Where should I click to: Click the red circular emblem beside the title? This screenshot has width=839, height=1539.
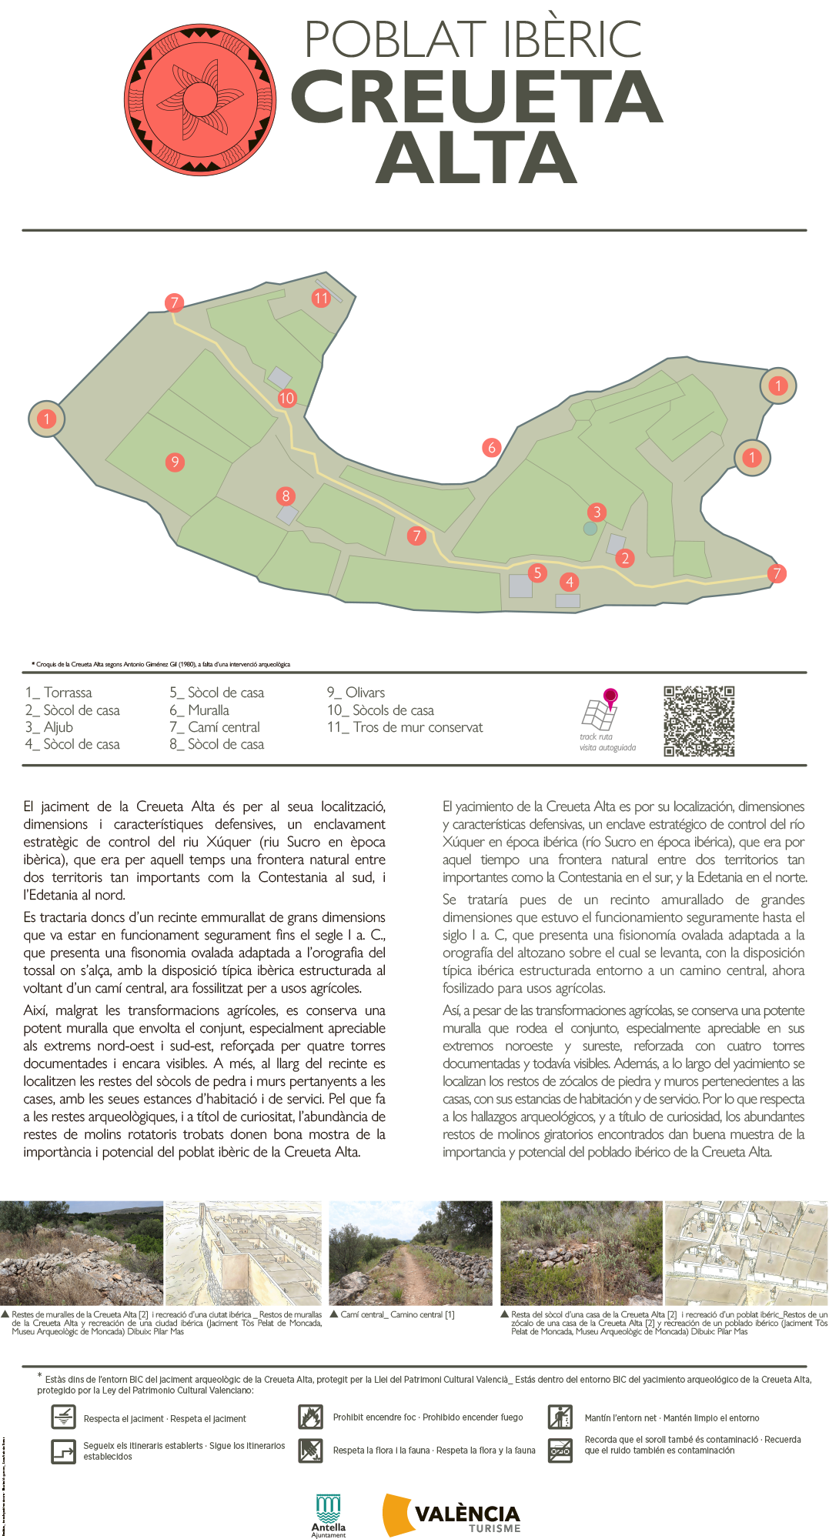(x=200, y=100)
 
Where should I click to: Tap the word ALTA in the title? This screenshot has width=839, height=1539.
(x=476, y=159)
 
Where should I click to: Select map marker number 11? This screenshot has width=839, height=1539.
(x=321, y=298)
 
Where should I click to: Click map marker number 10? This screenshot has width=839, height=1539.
(x=287, y=398)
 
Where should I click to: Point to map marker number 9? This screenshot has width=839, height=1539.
(x=175, y=462)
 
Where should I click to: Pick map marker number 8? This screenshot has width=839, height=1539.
(x=286, y=496)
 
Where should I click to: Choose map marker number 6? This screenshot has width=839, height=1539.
(x=492, y=447)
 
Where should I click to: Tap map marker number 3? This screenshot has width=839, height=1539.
(x=597, y=512)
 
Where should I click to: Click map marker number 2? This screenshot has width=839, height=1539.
(x=625, y=558)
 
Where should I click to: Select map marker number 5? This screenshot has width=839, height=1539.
(x=538, y=573)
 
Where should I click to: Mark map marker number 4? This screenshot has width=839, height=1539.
(x=570, y=582)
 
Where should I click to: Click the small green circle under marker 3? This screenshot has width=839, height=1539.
(x=590, y=529)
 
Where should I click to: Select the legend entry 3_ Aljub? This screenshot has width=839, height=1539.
(x=49, y=727)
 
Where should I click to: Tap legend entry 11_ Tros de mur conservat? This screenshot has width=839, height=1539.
(x=405, y=727)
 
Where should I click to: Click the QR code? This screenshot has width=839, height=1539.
(x=699, y=721)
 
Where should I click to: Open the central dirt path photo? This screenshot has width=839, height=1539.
(x=410, y=1253)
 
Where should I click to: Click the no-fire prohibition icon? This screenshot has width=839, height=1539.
(x=310, y=1417)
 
